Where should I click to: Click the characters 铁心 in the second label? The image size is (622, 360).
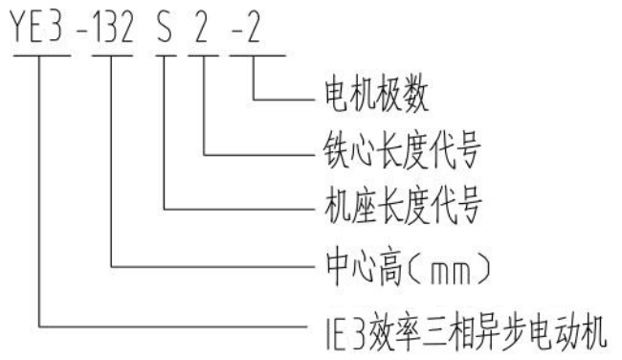click(x=343, y=151)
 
